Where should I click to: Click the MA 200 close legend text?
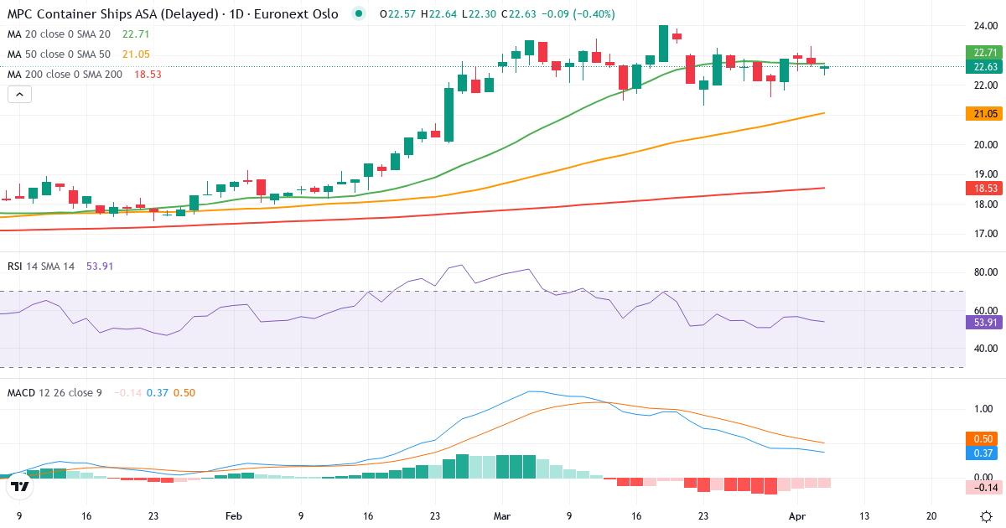(65, 75)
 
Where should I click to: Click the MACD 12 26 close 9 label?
(54, 392)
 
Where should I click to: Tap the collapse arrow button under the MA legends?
(19, 95)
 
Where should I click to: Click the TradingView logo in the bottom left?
(20, 486)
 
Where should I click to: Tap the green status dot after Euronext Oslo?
(360, 14)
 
